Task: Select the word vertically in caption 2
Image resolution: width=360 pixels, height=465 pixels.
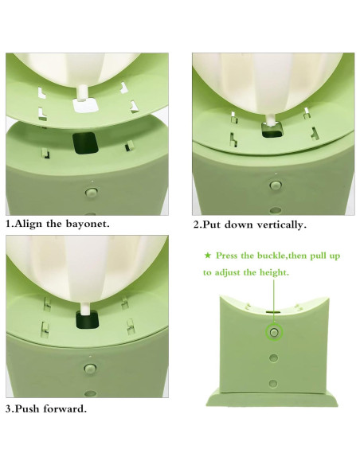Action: tap(280, 225)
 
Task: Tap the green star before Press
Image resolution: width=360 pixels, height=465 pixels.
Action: tap(209, 256)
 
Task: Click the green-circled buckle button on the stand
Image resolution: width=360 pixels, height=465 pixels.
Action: tap(273, 331)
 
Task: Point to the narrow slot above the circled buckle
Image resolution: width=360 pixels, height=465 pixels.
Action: tap(273, 314)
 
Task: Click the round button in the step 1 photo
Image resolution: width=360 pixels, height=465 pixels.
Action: tap(91, 192)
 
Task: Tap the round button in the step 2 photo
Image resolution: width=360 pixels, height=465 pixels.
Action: tap(276, 185)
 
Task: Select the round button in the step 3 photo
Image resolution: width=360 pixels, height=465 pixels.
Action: tap(90, 369)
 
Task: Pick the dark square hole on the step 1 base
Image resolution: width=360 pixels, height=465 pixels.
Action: tap(84, 143)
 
